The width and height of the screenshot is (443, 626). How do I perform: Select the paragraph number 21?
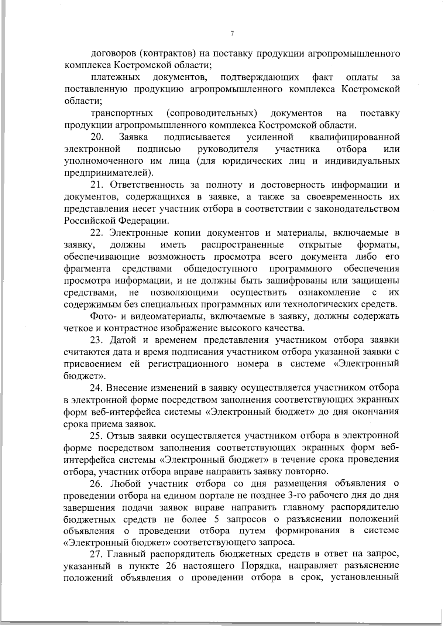97,185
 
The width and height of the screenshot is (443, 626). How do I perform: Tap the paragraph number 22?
97,233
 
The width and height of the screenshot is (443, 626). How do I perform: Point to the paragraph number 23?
97,340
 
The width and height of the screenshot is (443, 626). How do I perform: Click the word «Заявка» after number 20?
134,137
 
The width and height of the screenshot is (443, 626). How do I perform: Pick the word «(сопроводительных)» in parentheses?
212,113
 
